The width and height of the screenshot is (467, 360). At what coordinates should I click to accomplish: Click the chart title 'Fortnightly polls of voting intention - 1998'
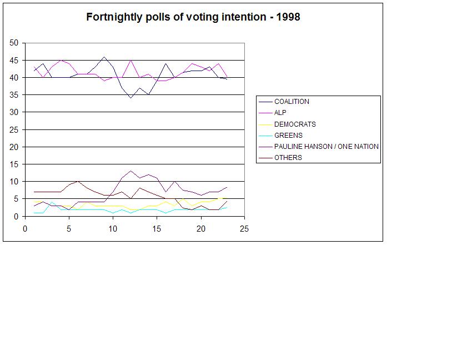(193, 17)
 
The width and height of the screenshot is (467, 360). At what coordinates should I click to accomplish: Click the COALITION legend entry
(292, 102)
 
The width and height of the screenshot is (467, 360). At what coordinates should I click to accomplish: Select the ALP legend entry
(280, 113)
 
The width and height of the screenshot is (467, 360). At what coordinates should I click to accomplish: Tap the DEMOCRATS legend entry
(295, 124)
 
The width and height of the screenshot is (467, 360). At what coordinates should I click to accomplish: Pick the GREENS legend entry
(288, 136)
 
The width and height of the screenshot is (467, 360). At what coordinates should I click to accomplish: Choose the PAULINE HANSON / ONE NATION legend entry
(326, 147)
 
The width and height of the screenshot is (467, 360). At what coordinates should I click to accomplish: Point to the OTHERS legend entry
(288, 158)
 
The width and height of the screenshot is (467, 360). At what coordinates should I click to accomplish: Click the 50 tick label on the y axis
(14, 43)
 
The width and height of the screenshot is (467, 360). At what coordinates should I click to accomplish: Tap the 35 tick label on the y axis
(14, 95)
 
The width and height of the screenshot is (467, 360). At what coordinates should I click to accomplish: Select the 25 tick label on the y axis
(14, 129)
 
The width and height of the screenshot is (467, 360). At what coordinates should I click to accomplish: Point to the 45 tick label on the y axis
(14, 60)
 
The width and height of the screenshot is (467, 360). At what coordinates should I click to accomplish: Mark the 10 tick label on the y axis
(14, 182)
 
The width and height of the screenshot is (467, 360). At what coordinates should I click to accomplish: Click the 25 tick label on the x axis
(244, 228)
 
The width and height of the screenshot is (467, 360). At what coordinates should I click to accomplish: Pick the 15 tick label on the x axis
(157, 228)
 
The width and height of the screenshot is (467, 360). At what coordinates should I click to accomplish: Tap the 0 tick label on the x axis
(25, 228)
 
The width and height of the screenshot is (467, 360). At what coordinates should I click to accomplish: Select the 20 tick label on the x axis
(200, 228)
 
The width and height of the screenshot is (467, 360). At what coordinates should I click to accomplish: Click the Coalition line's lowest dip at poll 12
(130, 98)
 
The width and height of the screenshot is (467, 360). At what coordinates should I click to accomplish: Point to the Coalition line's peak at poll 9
(104, 57)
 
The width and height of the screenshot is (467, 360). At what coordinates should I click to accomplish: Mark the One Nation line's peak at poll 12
(130, 171)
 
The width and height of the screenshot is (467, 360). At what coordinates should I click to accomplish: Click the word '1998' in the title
(289, 17)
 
